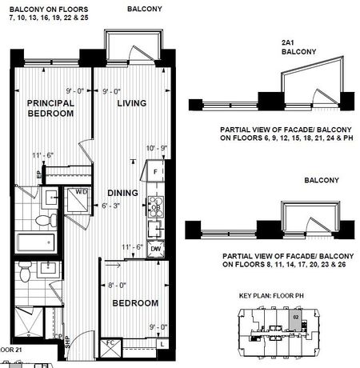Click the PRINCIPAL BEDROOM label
pos(50,108)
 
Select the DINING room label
pos(123,193)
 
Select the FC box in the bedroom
pos(110,344)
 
